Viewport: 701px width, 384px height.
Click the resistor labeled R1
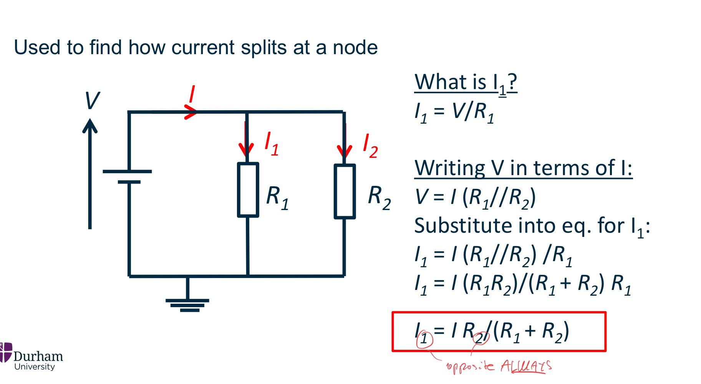(248, 190)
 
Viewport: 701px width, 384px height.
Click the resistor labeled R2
(345, 191)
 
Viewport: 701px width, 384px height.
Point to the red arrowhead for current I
(191, 112)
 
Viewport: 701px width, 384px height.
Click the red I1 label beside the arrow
(271, 144)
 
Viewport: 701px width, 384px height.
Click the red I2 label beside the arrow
(370, 146)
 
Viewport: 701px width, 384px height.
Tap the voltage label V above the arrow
(92, 101)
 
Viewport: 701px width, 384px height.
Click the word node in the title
(355, 48)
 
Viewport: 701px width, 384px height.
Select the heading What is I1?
(466, 83)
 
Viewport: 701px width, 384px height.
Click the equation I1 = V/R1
(454, 113)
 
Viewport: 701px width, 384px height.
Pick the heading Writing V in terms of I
(523, 168)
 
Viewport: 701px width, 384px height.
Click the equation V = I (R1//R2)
(475, 198)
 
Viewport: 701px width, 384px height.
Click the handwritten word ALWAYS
(526, 366)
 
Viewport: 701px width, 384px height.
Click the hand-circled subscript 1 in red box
(424, 339)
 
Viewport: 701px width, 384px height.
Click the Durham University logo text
(38, 360)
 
